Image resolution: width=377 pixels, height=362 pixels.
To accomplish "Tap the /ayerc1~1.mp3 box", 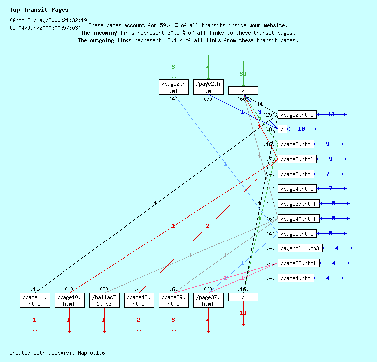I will coord(300,248).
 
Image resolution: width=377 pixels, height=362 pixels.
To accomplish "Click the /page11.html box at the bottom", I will coord(35,300).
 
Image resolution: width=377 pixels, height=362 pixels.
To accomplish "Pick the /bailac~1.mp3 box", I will coord(104,300).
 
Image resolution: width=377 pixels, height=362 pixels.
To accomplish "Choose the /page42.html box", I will coord(139,300).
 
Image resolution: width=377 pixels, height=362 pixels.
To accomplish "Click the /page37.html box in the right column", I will coord(299,204).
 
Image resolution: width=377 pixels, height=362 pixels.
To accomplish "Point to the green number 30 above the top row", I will coord(243,74).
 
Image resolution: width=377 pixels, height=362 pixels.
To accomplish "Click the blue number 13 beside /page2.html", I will coord(331,115).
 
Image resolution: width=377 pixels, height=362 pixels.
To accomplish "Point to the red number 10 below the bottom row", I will coord(243,313).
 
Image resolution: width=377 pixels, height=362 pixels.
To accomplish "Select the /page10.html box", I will coord(69,300).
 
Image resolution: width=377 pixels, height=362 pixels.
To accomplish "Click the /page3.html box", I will coord(297,159).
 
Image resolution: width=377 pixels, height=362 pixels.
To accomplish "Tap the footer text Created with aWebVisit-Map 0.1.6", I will coord(57,353).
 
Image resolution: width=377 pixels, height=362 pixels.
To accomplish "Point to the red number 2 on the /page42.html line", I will coord(207,226).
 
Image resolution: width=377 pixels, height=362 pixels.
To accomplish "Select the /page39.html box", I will coord(174,300).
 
